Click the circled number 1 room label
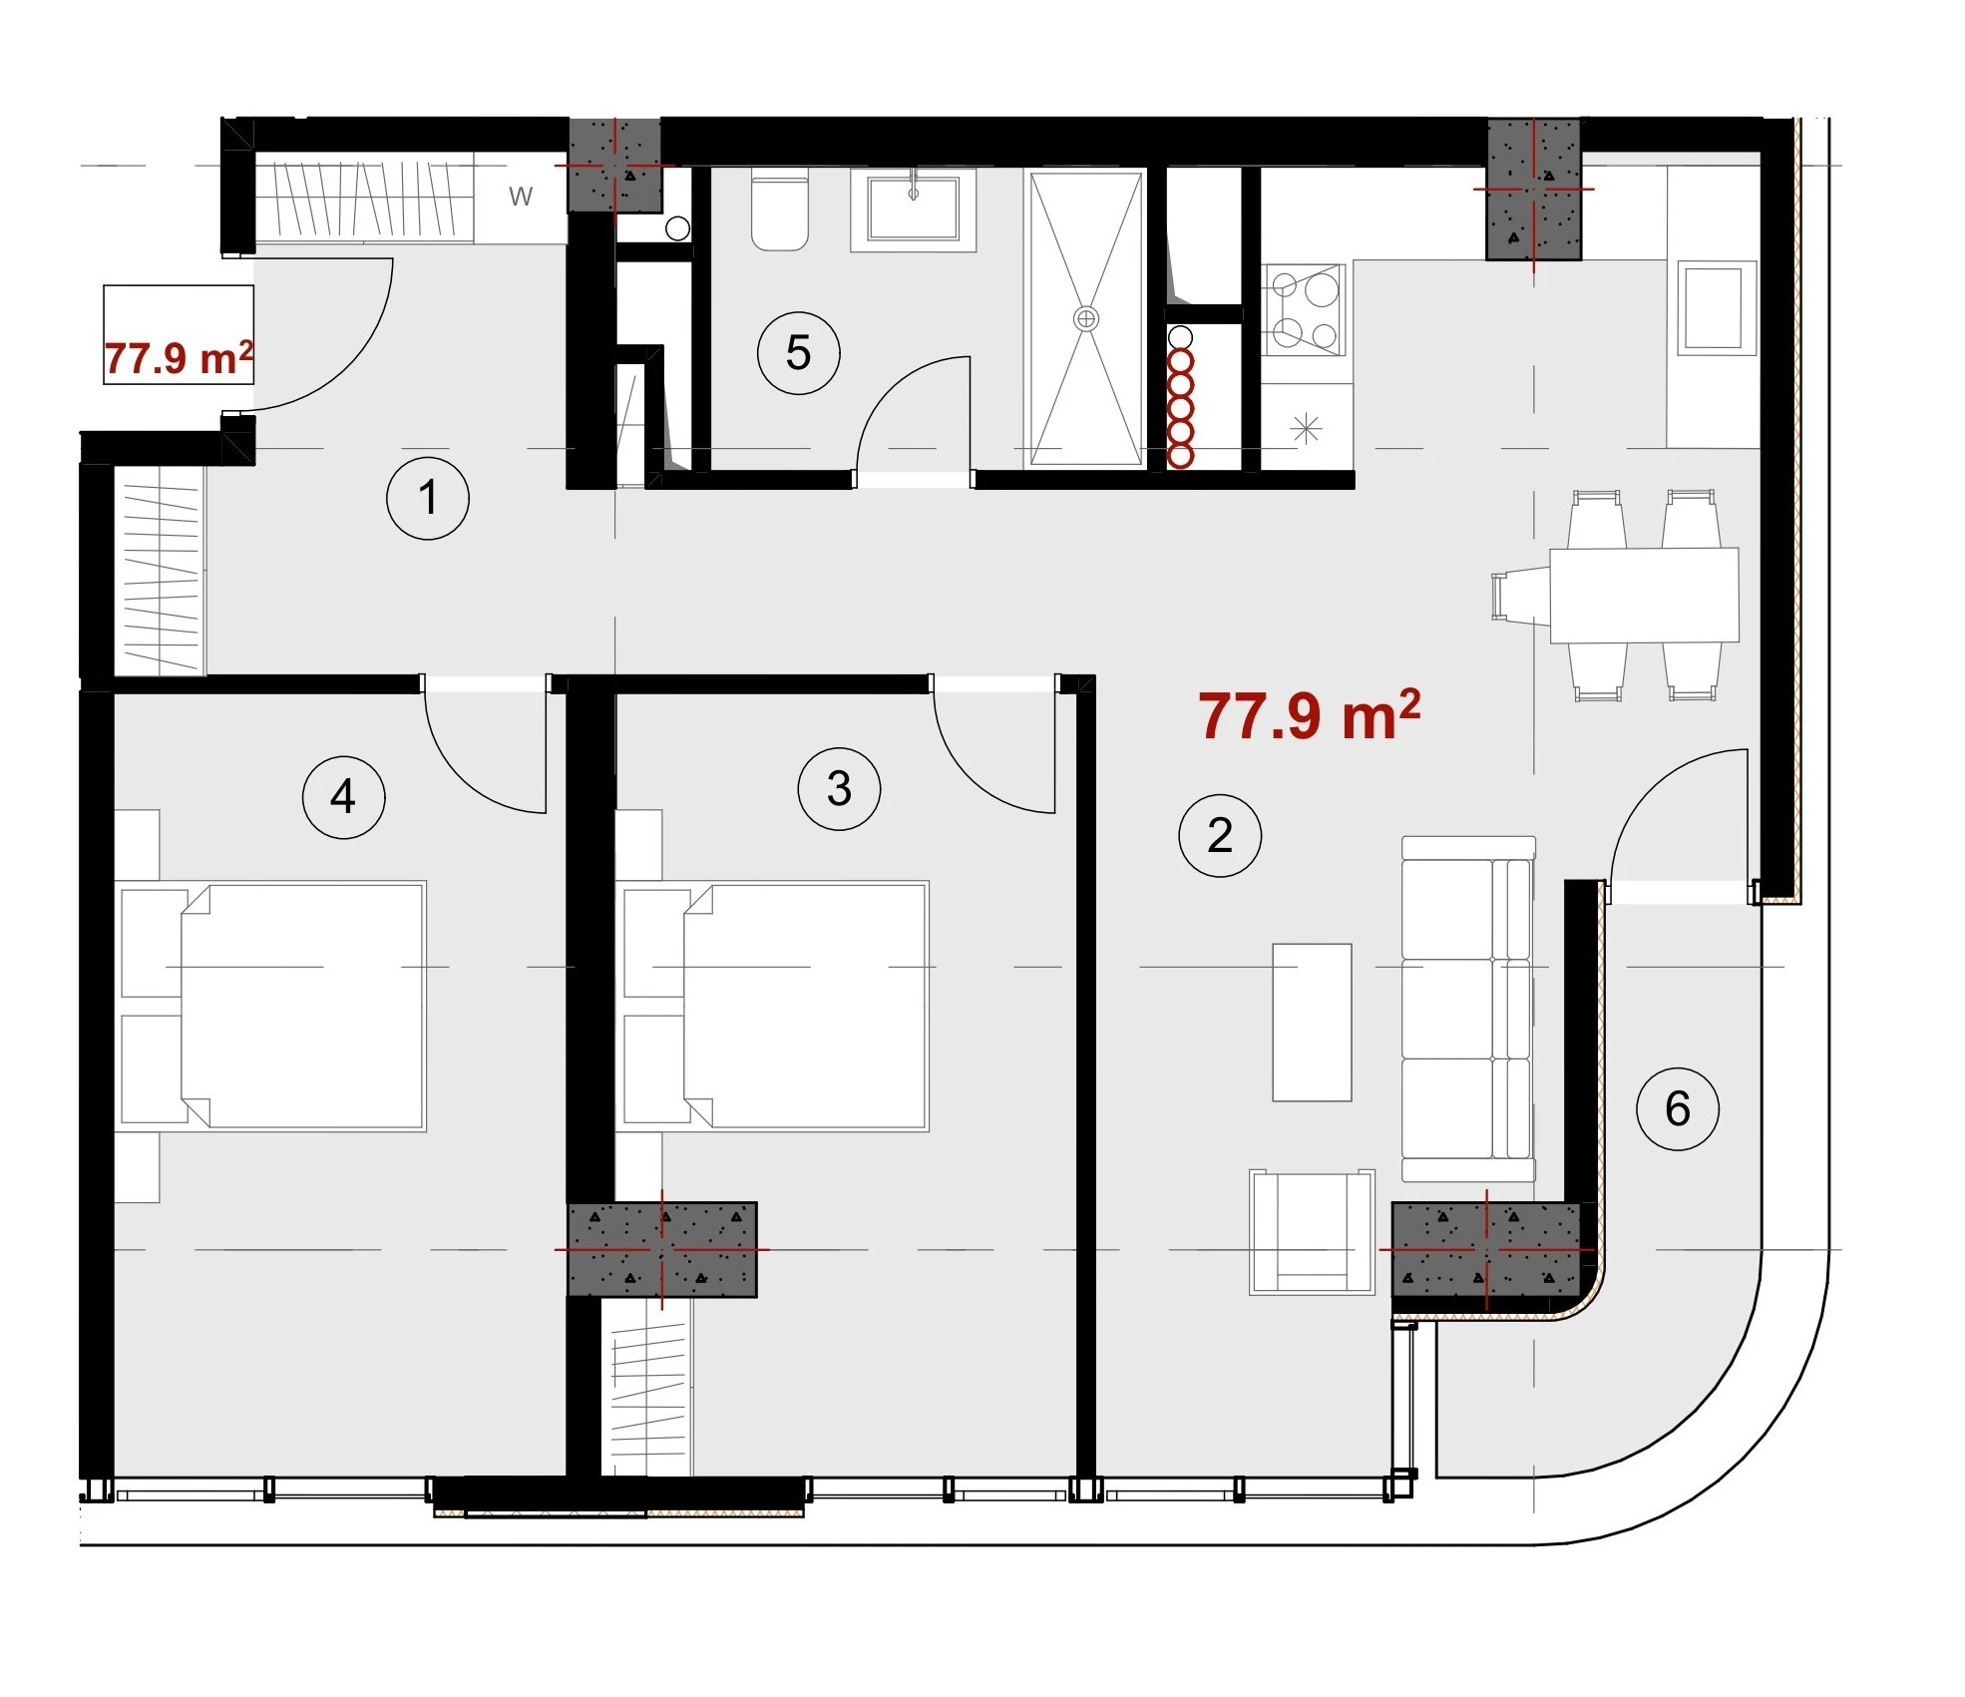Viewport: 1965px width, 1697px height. (428, 498)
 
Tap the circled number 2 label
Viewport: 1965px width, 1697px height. (1219, 835)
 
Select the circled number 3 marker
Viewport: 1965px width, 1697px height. (839, 788)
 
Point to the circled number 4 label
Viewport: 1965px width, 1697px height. (343, 796)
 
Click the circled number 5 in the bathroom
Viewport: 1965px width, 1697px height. (798, 352)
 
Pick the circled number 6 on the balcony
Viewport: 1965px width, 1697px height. (1677, 1107)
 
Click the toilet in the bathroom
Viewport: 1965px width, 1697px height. (779, 212)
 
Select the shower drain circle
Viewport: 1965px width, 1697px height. (1085, 319)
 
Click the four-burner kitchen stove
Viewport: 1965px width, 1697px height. (1304, 309)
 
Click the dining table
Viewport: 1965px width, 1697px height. (1644, 595)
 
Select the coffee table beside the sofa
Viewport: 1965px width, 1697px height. (1312, 1022)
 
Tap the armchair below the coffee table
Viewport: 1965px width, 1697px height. (1312, 1232)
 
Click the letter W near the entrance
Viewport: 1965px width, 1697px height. (521, 197)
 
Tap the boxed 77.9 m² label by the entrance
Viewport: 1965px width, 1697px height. (179, 358)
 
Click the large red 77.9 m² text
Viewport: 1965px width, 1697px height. (1309, 715)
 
